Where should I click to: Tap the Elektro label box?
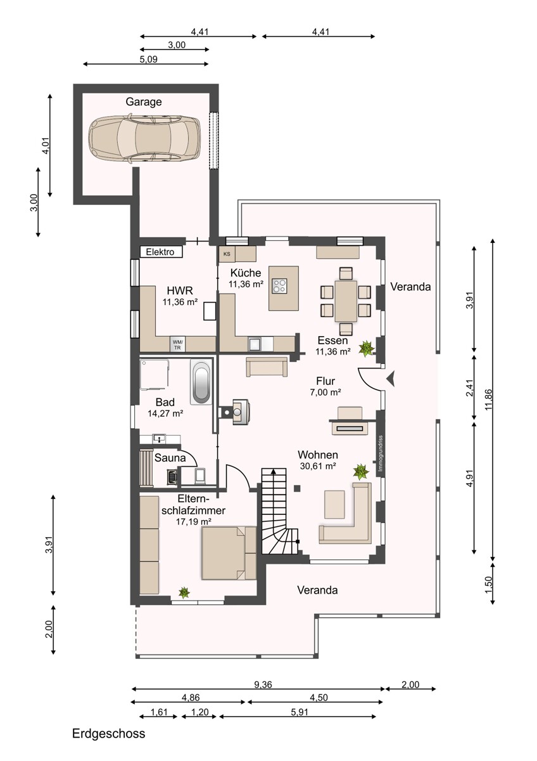click(x=161, y=252)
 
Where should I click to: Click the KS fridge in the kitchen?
click(x=226, y=254)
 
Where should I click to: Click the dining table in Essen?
click(x=346, y=301)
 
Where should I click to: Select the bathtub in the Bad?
click(x=201, y=383)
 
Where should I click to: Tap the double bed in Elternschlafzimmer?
click(x=229, y=553)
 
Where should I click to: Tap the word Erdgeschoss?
click(x=108, y=734)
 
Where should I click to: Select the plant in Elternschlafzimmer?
click(x=184, y=592)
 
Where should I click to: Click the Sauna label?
click(x=170, y=457)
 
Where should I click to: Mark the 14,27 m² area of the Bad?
click(x=165, y=413)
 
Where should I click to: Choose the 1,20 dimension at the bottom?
click(x=199, y=712)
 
